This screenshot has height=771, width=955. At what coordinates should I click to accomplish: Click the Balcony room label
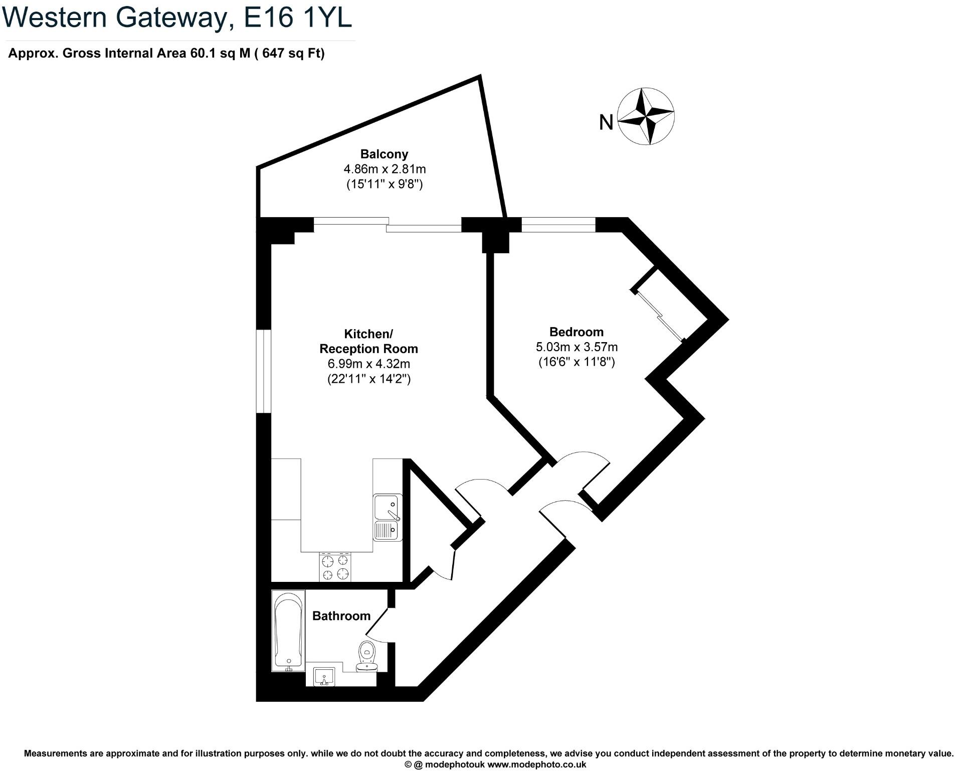tap(384, 154)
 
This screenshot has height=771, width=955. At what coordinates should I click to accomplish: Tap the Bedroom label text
tap(576, 332)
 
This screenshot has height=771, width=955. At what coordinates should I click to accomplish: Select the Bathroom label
tap(341, 615)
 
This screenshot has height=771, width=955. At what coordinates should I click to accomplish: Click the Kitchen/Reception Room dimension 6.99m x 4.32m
tap(368, 364)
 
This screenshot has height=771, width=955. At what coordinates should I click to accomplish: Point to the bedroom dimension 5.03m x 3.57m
tap(576, 347)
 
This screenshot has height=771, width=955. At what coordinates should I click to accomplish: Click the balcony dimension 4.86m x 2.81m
tap(384, 169)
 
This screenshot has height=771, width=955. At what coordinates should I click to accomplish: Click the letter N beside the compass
tap(606, 122)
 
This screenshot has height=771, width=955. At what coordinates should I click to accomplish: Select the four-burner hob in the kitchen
tap(335, 567)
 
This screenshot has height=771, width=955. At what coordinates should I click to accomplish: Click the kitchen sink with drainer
tap(388, 517)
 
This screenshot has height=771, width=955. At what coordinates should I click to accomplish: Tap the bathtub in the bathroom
tap(288, 630)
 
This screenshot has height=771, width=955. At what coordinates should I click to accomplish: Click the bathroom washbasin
tap(324, 677)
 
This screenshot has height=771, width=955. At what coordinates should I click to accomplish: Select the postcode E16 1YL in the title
tap(297, 18)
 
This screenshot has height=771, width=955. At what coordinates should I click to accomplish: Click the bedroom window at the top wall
tap(558, 224)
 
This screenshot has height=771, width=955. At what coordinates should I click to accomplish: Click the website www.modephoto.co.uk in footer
tap(536, 764)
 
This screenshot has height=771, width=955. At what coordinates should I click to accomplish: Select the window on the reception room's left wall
tap(264, 371)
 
